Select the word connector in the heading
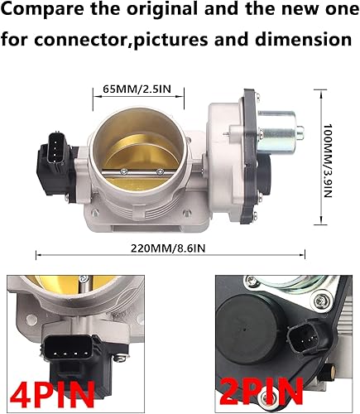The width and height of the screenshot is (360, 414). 94,38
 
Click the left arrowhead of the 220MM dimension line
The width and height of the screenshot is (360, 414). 36,257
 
